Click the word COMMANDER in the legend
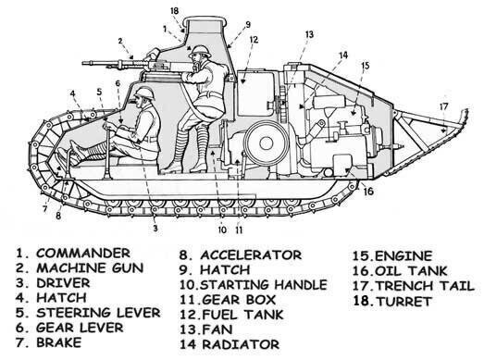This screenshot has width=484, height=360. coord(83,254)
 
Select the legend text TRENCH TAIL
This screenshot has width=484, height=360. coord(426,286)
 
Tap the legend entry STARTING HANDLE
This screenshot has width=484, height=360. coord(264,285)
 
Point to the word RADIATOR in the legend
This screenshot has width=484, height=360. coord(241,344)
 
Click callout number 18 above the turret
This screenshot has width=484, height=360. coord(174,11)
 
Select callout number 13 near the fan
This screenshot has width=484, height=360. coord(309,34)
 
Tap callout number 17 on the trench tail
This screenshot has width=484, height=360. coord(443,106)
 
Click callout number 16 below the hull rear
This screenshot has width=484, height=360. coord(368,192)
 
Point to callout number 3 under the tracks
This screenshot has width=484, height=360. coord(155,229)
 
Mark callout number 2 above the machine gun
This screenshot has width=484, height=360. coord(120,41)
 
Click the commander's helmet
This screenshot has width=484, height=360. coord(200,51)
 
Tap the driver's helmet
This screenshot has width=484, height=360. coord(144,93)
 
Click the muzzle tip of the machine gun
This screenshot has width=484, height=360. coord(83,64)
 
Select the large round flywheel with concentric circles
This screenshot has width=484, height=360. coord(266,143)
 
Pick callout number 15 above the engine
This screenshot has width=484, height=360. coord(365,66)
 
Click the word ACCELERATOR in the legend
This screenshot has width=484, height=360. coord(251,255)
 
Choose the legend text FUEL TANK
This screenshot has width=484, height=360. coord(242,315)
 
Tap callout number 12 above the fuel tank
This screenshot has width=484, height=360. coord(254,40)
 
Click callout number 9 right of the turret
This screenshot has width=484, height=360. coord(248,25)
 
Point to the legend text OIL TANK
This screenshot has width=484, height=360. coord(411,271)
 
